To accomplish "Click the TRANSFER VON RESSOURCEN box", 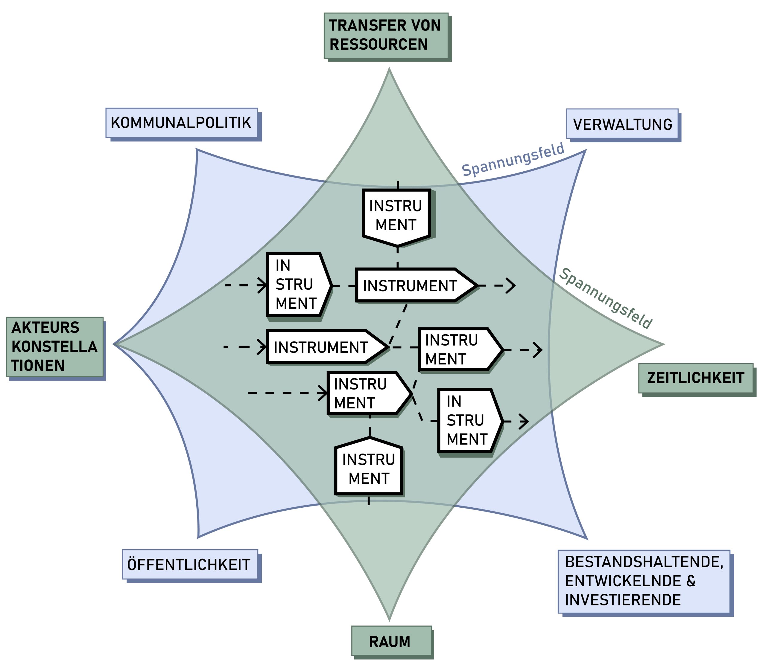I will (x=386, y=36).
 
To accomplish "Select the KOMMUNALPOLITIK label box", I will (x=182, y=123).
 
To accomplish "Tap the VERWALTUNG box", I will (x=622, y=124).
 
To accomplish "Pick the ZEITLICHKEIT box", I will (x=695, y=378).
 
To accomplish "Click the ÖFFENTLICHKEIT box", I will (x=190, y=564).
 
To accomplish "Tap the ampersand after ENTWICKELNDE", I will (x=691, y=581).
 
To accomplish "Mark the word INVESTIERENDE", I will (x=623, y=600).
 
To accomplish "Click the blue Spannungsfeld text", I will (x=513, y=160).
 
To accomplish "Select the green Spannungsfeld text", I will (x=605, y=298).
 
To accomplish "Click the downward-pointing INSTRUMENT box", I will (x=396, y=216).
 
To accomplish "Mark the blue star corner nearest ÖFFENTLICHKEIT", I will (x=198, y=537).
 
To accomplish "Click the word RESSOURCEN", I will (x=378, y=45).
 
